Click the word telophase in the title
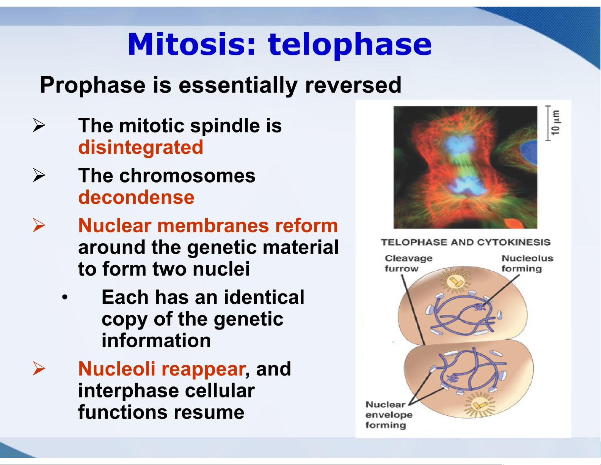click(x=349, y=45)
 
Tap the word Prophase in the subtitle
click(x=93, y=86)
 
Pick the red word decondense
click(x=137, y=197)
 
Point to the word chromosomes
click(x=187, y=176)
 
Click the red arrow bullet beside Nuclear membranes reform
click(x=38, y=225)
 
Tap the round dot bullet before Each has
click(x=65, y=298)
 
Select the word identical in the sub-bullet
click(x=264, y=297)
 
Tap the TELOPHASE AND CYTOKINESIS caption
click(x=466, y=242)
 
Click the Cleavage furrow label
click(x=408, y=263)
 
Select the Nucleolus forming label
click(x=527, y=263)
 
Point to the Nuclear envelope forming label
click(x=389, y=415)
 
